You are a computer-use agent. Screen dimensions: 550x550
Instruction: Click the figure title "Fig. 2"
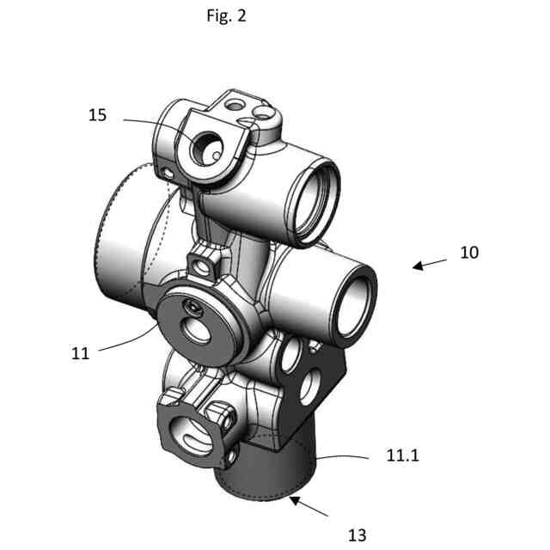click(227, 16)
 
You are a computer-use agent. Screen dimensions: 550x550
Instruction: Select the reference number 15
click(98, 114)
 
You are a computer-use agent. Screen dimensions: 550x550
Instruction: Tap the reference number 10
click(468, 253)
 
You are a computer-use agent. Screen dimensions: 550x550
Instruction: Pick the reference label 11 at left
click(80, 352)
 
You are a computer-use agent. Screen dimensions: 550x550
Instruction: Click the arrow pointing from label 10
click(429, 263)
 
